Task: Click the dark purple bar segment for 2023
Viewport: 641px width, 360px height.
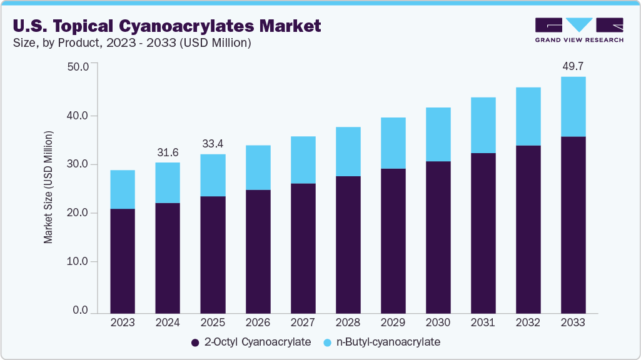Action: [x=123, y=261]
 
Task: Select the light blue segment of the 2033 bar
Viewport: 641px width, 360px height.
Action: [x=573, y=107]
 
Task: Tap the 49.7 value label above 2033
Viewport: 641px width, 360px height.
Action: [x=573, y=66]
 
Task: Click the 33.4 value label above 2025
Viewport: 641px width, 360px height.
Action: [x=213, y=143]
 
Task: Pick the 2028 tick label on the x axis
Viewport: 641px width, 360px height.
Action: [x=348, y=323]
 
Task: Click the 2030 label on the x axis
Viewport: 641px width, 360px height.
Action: [x=438, y=323]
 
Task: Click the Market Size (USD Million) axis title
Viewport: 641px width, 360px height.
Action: [x=48, y=187]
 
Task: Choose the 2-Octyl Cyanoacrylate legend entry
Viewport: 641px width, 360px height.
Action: [x=250, y=342]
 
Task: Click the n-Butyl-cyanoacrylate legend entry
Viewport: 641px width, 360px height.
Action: [x=382, y=342]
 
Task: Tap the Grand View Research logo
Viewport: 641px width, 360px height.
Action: [x=578, y=30]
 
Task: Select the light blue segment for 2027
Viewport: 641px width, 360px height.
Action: [x=303, y=160]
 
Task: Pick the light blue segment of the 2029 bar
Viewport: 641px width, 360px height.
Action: [x=393, y=143]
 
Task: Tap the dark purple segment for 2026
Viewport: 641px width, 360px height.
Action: [x=258, y=251]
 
